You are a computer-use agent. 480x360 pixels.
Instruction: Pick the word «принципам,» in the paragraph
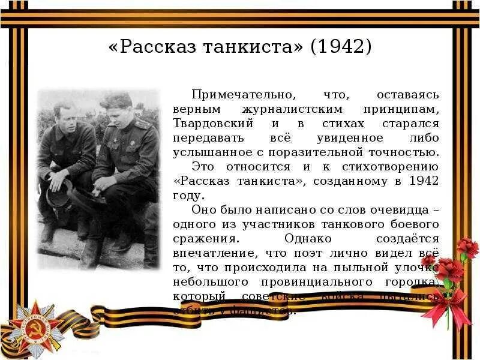click(401, 109)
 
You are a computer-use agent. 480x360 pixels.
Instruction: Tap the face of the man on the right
click(116, 110)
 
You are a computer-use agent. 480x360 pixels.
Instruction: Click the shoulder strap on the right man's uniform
click(142, 124)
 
